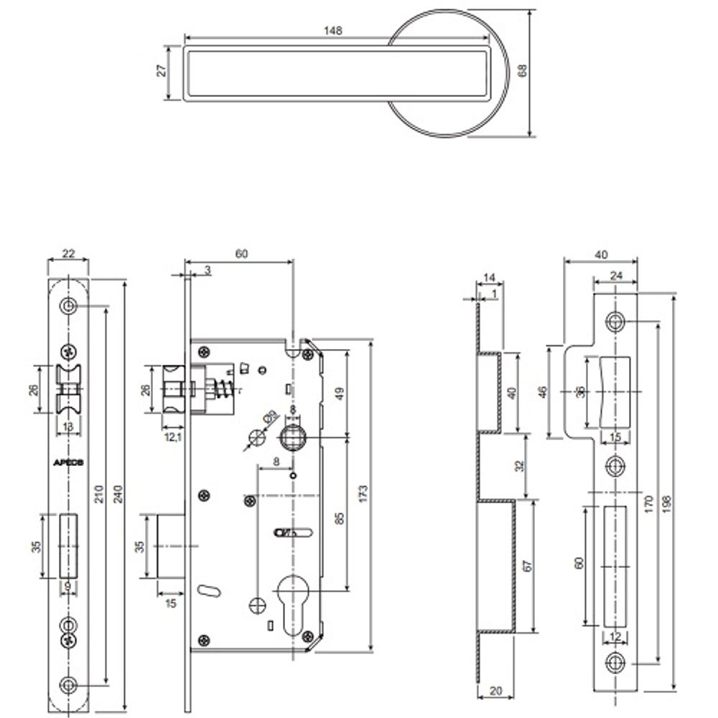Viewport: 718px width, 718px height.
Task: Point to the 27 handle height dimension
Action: (162, 70)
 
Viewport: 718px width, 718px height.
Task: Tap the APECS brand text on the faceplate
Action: (69, 462)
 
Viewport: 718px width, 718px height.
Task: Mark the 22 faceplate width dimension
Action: (69, 253)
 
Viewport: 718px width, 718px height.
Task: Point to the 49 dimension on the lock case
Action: (338, 393)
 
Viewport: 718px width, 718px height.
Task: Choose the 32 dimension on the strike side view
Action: (519, 465)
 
